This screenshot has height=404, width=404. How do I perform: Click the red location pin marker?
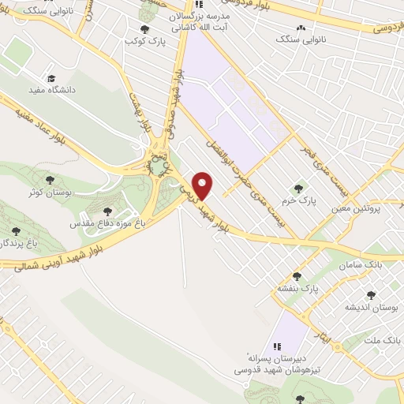click(204, 185)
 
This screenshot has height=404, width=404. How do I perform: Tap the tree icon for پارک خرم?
click(298, 188)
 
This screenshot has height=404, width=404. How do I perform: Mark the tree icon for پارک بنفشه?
click(297, 276)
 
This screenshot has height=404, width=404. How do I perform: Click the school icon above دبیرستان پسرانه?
click(276, 346)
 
